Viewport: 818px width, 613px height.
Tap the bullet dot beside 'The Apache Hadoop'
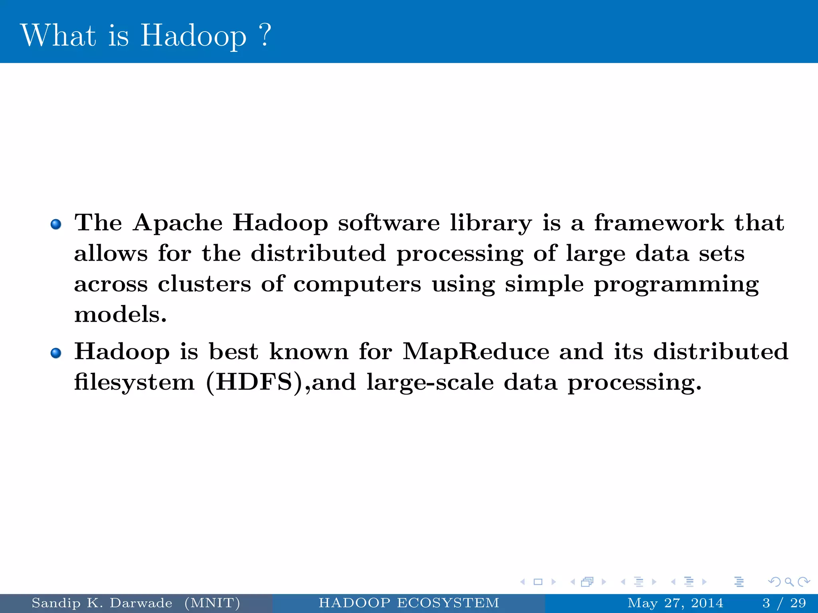56,224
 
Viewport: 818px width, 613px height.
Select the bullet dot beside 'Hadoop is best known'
56,353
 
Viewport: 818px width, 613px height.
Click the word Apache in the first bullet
178,223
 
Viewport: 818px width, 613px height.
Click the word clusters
204,284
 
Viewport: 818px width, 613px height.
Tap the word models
120,314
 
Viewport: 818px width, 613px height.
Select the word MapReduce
476,352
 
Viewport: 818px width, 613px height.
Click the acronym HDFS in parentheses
254,382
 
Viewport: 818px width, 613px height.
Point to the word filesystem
134,382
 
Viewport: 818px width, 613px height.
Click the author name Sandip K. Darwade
102,603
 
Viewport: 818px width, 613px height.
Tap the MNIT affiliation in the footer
212,603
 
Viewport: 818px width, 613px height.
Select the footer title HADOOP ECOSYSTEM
409,603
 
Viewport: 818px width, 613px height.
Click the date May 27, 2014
675,603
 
